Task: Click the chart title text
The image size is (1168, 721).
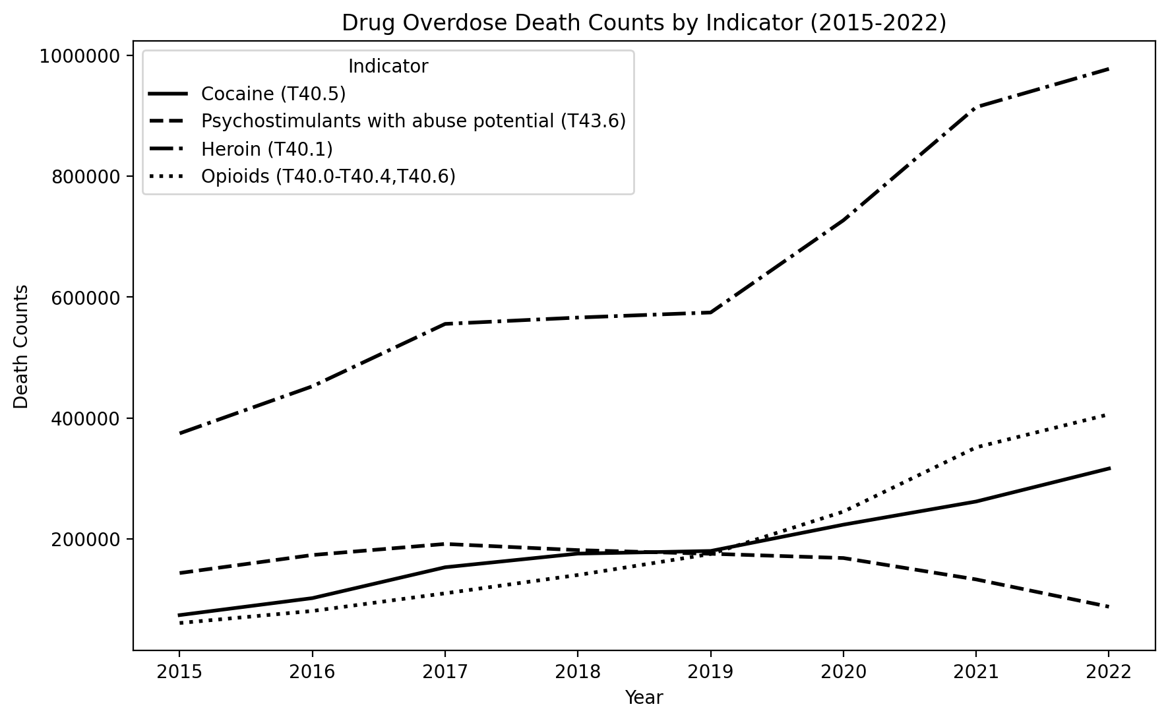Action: tap(644, 23)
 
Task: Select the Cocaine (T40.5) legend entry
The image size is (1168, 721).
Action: tap(273, 94)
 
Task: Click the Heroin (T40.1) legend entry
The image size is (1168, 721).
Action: tap(266, 149)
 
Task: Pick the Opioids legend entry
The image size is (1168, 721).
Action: tap(328, 177)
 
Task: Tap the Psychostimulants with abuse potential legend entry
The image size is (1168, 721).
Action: tap(413, 121)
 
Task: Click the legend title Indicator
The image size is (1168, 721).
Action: tap(388, 67)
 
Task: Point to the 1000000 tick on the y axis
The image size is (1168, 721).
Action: tap(82, 56)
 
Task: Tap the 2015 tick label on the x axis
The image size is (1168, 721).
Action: tap(179, 672)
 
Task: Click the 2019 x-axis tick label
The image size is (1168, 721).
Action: tap(710, 672)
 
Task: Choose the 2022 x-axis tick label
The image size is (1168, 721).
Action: tap(1109, 672)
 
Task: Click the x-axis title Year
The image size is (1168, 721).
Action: tap(644, 698)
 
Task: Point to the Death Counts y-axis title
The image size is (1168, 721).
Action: tap(22, 346)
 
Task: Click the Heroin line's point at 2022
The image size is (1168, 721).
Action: tap(1109, 69)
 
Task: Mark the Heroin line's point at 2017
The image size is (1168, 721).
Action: tap(445, 324)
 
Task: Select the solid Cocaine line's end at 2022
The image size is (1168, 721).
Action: tap(1109, 468)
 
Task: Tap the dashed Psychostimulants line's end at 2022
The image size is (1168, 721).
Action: tap(1109, 607)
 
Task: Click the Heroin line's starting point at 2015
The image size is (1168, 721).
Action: tap(179, 433)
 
